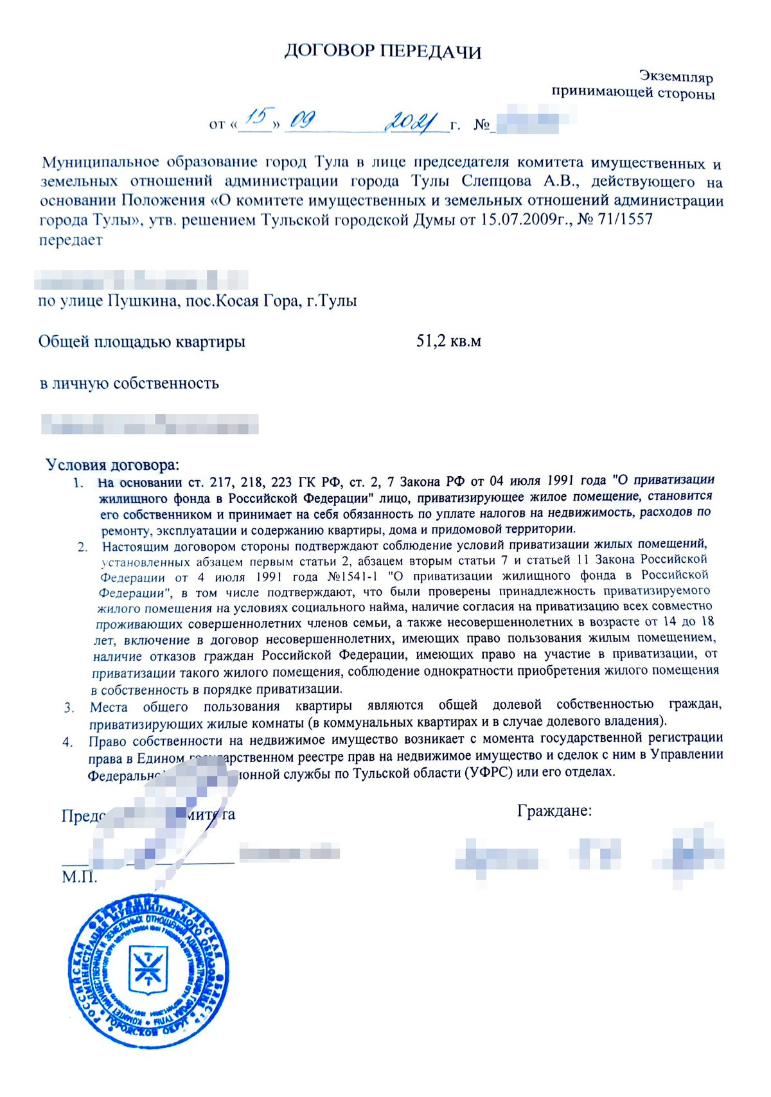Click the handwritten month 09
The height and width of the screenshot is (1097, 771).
[x=302, y=120]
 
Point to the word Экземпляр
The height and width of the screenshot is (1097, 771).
[x=676, y=77]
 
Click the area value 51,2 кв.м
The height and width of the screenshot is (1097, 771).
[x=448, y=341]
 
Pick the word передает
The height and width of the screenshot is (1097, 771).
[x=71, y=240]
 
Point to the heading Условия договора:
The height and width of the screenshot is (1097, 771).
[x=113, y=465]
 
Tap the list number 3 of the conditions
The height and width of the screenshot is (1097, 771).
[x=69, y=708]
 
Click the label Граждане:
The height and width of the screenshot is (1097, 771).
[x=554, y=811]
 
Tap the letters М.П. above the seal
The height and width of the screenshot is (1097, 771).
[x=80, y=877]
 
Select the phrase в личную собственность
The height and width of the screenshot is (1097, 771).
[x=129, y=384]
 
